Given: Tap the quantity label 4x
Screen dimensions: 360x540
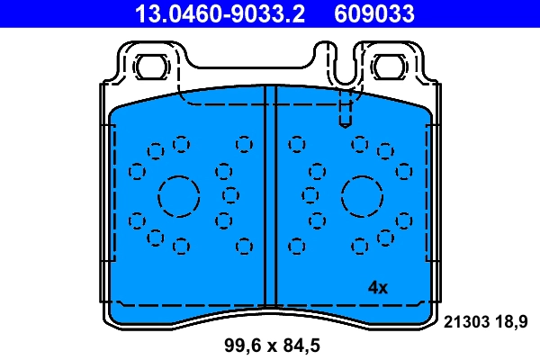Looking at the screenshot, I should coord(377,288).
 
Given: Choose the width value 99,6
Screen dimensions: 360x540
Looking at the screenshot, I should coord(243,345).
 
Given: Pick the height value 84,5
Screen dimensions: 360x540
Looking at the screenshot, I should coord(301,345).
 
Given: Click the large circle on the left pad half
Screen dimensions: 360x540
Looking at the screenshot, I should coord(178,194).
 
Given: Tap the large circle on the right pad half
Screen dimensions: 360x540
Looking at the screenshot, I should coord(362,194).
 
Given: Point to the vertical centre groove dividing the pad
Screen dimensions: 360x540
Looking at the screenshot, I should coord(270,198).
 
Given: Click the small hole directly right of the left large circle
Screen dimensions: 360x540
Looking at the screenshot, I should coord(230,194).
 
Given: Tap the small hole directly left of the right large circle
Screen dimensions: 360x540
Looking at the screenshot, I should coord(310,194).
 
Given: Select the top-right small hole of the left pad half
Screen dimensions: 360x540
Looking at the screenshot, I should coord(243,143).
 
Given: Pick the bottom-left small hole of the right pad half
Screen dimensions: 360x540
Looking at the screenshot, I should coord(296,245).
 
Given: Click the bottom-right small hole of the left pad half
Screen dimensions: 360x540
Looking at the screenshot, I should coord(243,245).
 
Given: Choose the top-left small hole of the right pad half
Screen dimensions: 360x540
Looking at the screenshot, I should coord(296,143).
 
